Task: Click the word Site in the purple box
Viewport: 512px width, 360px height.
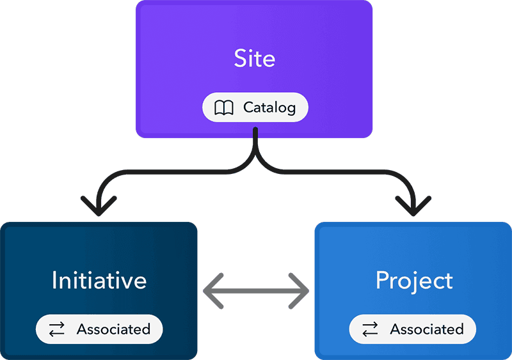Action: point(255,59)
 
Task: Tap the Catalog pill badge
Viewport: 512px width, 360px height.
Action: point(255,108)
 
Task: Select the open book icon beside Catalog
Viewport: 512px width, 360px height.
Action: point(224,108)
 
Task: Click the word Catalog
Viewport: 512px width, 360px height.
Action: point(269,108)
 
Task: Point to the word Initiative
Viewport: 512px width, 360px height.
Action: point(99,280)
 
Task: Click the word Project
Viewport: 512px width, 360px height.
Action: point(413,280)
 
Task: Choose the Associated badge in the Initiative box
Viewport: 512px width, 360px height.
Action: point(99,329)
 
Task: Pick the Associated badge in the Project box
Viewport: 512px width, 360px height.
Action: point(412,329)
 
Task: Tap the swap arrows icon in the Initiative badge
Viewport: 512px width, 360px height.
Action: point(57,330)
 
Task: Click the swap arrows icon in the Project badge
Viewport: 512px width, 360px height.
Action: point(370,330)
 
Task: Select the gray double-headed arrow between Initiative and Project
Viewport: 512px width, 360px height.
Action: point(256,292)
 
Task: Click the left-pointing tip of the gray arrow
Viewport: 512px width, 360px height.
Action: point(207,292)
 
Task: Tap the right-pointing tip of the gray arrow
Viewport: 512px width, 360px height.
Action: point(306,292)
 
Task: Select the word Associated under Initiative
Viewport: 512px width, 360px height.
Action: point(113,329)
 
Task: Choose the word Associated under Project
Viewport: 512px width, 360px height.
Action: point(427,329)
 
